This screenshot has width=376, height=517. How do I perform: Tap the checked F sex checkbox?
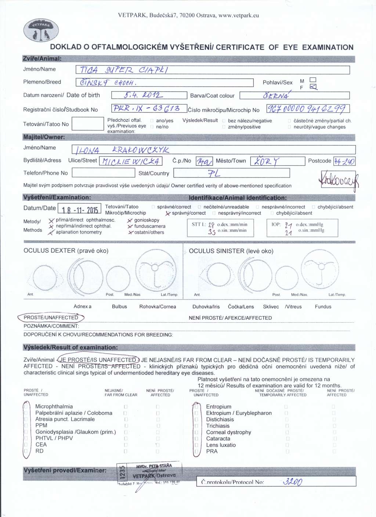coord(313,87)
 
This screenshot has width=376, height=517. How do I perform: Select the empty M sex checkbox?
coord(313,80)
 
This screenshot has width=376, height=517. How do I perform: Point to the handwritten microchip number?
coord(307,109)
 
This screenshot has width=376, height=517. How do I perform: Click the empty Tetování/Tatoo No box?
coord(88,124)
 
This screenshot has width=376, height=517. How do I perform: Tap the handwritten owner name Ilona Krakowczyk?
coord(122,150)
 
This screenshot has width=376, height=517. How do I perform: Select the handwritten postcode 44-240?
coord(344,161)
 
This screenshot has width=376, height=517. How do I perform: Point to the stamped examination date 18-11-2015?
coord(80,210)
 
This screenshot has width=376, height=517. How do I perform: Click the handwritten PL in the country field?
coord(214,173)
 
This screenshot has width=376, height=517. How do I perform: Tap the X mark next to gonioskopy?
coord(130,220)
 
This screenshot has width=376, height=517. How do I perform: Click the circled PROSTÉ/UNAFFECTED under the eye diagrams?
coord(51,317)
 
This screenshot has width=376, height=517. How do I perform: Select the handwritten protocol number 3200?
coord(292,482)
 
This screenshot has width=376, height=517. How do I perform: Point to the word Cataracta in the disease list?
coord(218,438)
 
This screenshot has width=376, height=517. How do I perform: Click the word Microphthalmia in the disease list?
coord(54,406)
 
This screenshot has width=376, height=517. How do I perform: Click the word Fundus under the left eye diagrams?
coord(323,306)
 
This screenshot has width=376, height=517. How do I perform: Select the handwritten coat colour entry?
coord(276,96)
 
